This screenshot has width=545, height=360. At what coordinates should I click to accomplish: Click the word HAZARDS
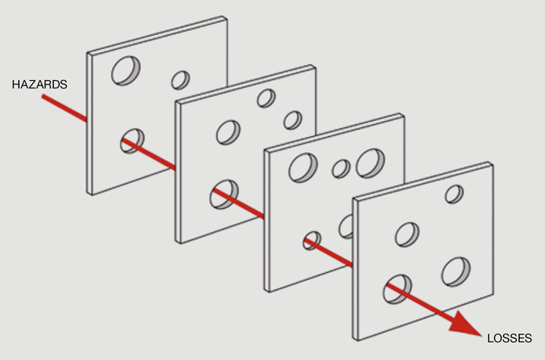click(39, 85)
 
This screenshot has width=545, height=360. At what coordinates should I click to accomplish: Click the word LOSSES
click(509, 338)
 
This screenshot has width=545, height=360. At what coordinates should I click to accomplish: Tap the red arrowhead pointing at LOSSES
click(466, 324)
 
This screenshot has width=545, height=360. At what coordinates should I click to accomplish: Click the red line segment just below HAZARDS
click(64, 108)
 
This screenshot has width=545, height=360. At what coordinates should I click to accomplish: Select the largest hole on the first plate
click(126, 71)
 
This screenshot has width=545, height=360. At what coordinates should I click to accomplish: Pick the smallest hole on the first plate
click(180, 80)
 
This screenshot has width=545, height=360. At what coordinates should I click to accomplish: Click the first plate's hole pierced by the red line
click(132, 141)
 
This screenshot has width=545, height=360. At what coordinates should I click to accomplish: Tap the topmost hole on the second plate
click(266, 98)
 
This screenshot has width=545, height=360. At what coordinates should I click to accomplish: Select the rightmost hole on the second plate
click(293, 120)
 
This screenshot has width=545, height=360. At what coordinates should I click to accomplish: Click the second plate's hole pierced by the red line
click(224, 194)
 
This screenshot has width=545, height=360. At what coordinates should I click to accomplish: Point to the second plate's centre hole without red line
click(228, 132)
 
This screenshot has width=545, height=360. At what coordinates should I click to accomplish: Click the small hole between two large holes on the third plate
click(341, 169)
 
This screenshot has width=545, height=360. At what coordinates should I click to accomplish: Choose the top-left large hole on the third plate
click(303, 168)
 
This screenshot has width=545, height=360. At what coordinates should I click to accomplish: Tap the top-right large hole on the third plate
click(370, 163)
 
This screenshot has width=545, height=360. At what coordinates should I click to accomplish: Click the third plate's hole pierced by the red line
click(312, 241)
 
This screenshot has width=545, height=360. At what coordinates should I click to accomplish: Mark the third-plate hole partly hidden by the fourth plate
click(346, 226)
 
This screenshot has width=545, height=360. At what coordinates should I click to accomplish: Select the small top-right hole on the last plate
click(454, 194)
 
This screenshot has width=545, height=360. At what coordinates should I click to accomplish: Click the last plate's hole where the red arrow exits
click(397, 289)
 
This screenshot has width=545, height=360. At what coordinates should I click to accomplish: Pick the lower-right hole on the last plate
click(456, 272)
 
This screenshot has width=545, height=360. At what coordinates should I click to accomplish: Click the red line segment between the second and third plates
click(238, 203)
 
